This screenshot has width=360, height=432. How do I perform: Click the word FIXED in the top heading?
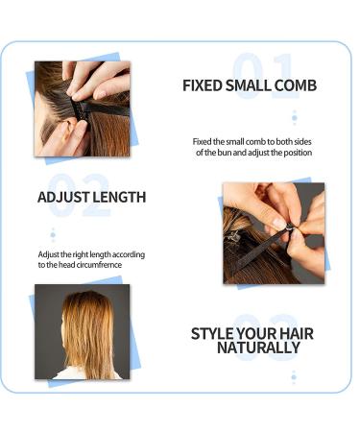click(204, 85)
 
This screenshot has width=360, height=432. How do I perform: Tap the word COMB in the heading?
click(294, 85)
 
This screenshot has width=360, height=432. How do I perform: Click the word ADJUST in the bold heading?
click(64, 197)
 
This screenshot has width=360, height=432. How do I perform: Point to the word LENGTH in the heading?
click(120, 197)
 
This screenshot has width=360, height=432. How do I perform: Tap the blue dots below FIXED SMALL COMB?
click(294, 117)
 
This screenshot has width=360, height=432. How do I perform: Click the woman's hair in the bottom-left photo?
click(85, 331)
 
